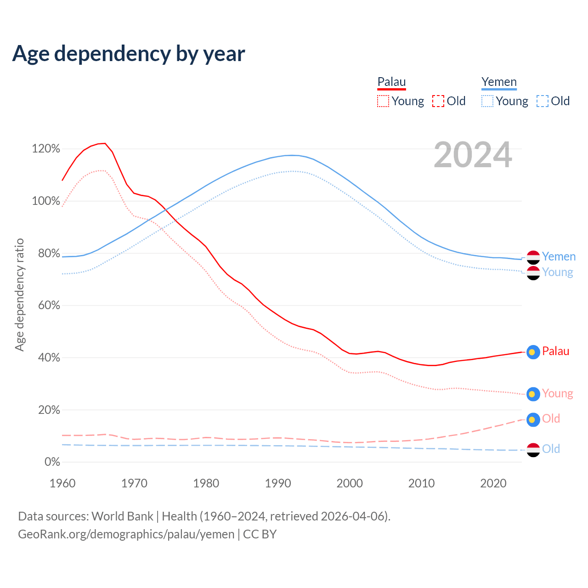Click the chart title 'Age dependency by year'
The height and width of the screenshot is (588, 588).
[x=129, y=54]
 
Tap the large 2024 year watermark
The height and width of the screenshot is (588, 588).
[x=473, y=155]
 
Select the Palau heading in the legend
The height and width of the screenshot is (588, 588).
[x=391, y=82]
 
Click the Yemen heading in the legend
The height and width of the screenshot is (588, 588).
[x=499, y=82]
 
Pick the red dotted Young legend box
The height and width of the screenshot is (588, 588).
[x=383, y=101]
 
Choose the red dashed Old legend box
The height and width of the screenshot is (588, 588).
[x=438, y=101]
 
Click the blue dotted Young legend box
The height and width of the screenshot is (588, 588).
[x=487, y=101]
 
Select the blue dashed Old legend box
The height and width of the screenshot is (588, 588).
[x=543, y=101]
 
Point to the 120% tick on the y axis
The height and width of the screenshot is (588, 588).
[x=46, y=149]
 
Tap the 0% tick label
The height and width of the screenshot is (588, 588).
[x=52, y=462]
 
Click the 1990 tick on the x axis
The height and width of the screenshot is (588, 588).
[x=278, y=483]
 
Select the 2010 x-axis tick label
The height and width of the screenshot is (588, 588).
[x=422, y=483]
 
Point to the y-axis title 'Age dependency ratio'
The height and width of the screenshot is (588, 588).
[x=19, y=294]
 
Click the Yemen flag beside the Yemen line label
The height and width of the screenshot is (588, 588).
[x=533, y=257]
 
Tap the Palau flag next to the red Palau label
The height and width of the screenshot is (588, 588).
[x=533, y=352]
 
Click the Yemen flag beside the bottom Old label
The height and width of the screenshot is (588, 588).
[x=533, y=450]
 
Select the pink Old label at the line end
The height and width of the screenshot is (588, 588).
[x=551, y=419]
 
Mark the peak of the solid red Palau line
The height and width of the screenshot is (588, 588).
[x=105, y=143]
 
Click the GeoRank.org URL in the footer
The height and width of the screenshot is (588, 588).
[x=126, y=534]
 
